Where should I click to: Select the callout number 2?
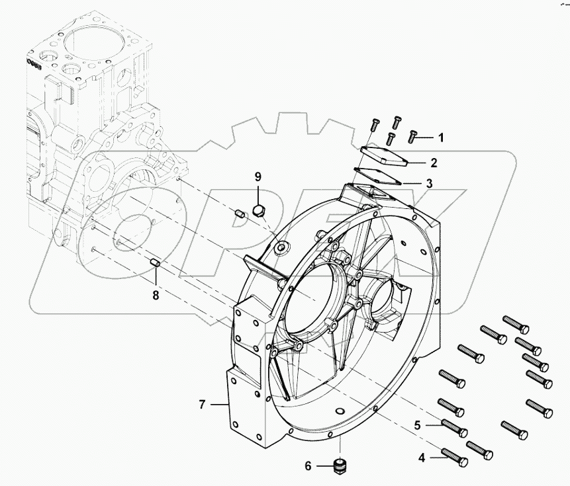tap(433, 162)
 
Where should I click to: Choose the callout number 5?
tap(418, 426)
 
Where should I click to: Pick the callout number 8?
tap(156, 296)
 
